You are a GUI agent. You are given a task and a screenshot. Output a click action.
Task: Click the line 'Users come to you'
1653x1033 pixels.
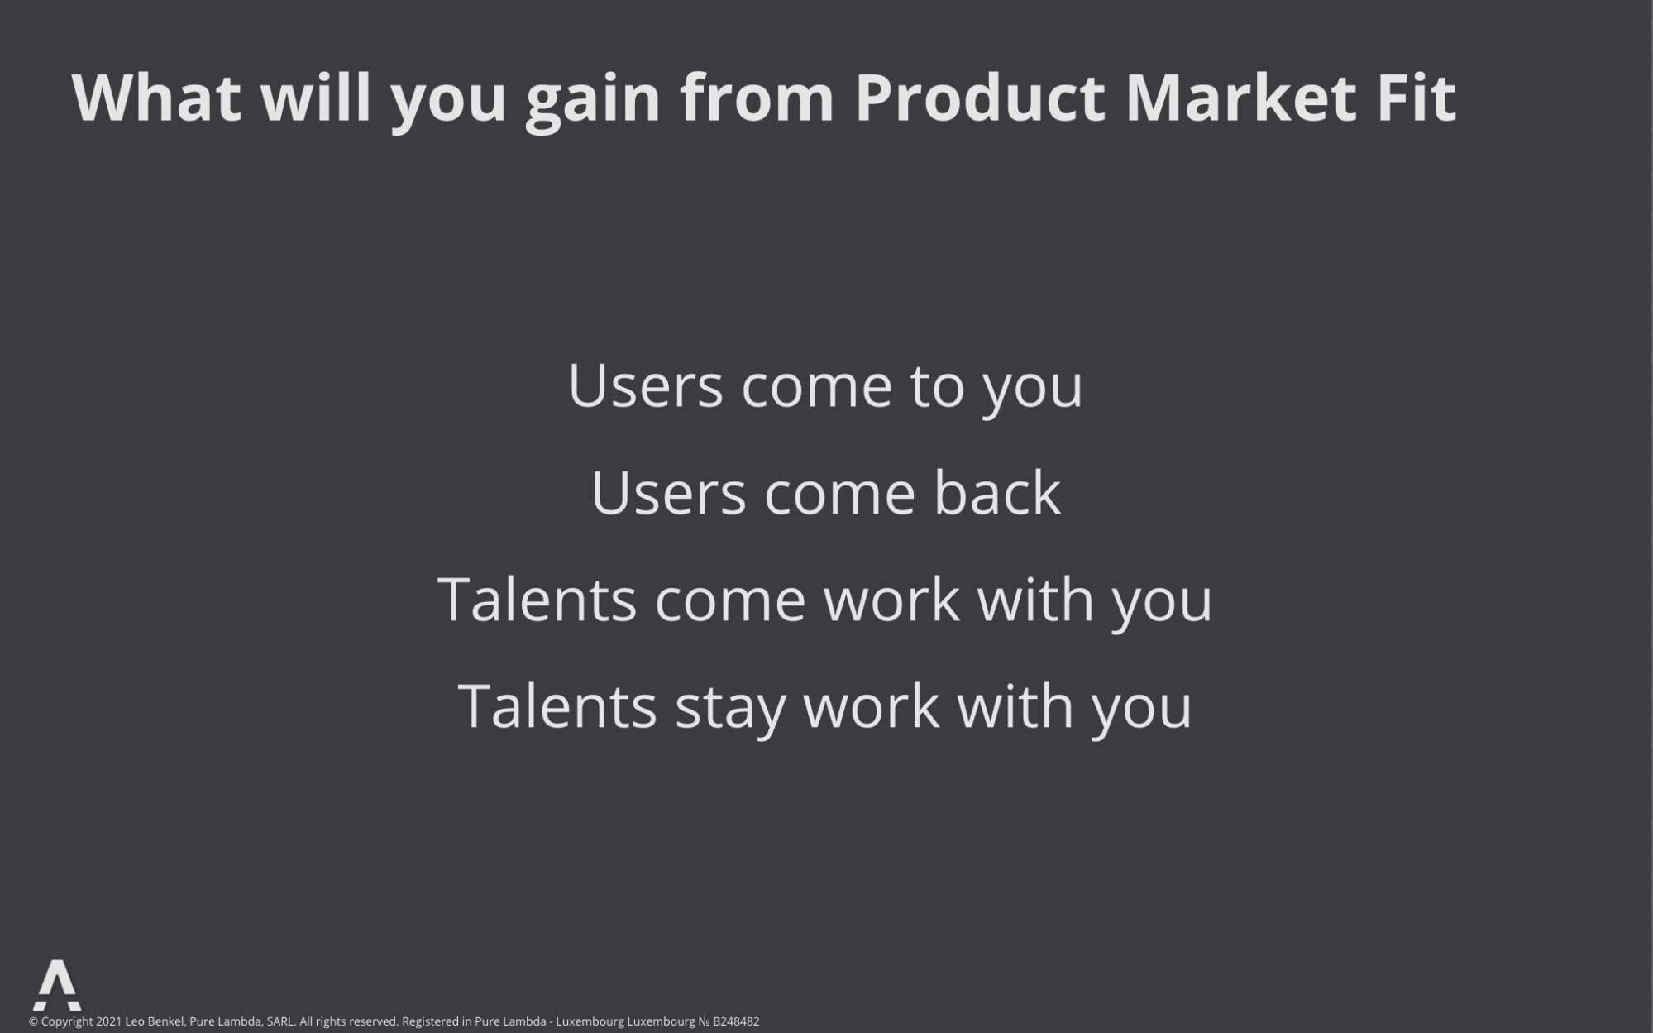[x=825, y=386]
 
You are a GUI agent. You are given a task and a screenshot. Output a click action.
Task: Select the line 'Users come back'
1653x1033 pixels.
[x=825, y=492]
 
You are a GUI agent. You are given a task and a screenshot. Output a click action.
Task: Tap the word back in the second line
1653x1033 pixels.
[x=997, y=492]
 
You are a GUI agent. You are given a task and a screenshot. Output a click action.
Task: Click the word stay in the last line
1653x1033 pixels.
[x=730, y=709]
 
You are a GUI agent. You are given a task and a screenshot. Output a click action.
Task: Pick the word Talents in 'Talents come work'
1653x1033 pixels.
[x=537, y=599]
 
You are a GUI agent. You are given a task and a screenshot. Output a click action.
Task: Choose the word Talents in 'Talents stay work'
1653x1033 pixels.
[x=557, y=705]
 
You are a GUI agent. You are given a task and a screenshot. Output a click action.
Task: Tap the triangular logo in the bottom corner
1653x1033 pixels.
[x=57, y=985]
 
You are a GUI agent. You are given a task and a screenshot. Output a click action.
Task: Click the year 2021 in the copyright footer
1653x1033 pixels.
[x=108, y=1021]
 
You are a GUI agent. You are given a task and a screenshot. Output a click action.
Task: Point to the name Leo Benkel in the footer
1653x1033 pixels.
[x=155, y=1021]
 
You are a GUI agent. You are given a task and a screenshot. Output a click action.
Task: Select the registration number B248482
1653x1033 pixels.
[x=736, y=1021]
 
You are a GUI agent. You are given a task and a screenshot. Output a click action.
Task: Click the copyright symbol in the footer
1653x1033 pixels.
[x=34, y=1021]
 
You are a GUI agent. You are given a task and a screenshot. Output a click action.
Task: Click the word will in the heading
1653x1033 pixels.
[x=316, y=98]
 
